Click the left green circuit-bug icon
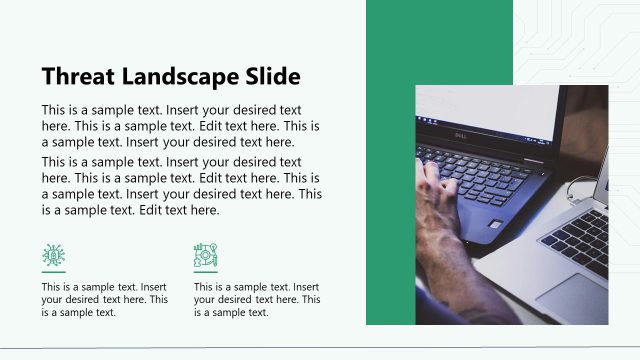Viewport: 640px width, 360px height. (x=53, y=255)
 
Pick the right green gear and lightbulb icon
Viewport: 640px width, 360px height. (x=205, y=255)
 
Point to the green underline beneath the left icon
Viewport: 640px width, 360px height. (x=53, y=272)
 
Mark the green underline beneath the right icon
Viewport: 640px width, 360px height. (x=205, y=272)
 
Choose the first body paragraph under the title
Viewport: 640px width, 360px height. (x=180, y=126)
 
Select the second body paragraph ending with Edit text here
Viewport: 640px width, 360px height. (x=180, y=186)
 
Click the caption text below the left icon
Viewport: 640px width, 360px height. (x=104, y=299)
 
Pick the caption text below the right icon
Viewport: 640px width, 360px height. (x=256, y=299)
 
